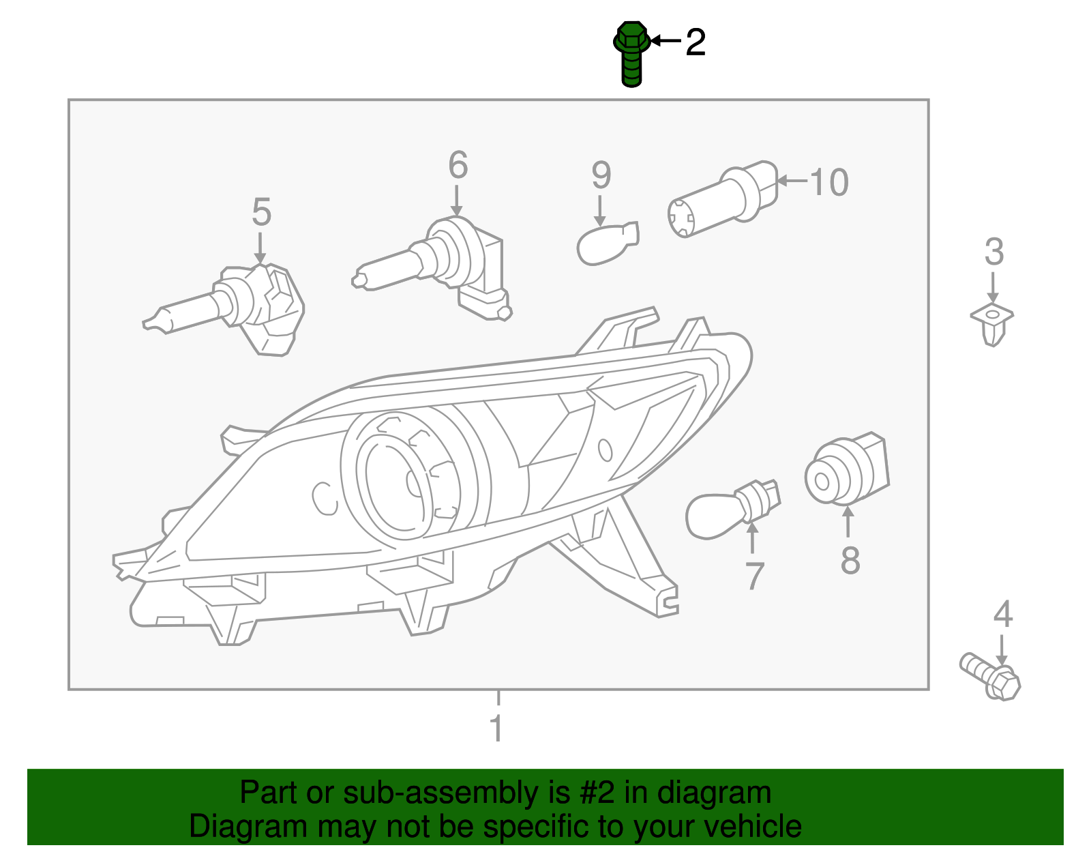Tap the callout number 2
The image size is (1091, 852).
(x=695, y=42)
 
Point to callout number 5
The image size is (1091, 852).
(x=261, y=212)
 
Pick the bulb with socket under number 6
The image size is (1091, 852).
(x=443, y=263)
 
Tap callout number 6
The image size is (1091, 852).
(x=458, y=165)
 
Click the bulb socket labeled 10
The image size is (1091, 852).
(x=723, y=198)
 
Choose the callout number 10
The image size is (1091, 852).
(x=828, y=182)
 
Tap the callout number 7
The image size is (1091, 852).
(x=753, y=576)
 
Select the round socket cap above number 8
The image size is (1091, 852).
(x=846, y=471)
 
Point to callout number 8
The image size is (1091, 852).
(x=850, y=561)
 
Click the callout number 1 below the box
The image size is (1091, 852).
(x=497, y=729)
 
